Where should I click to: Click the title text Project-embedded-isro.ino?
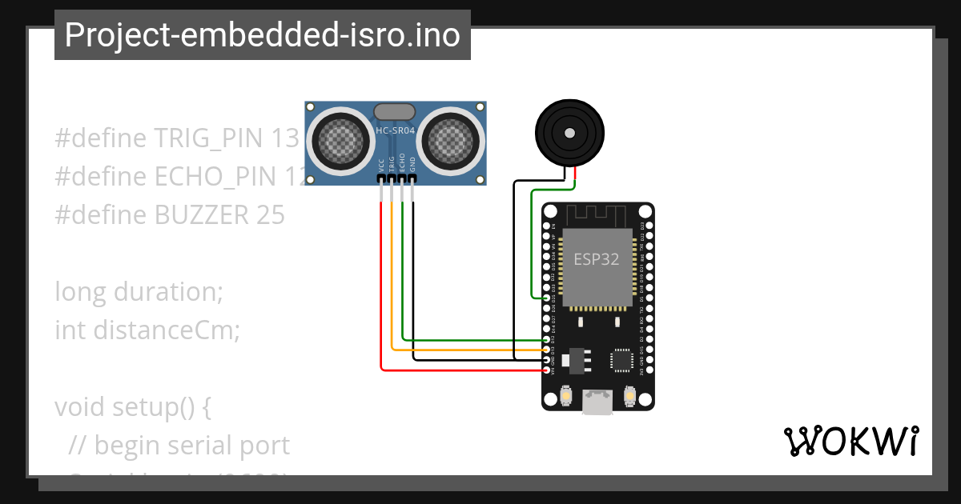coord(262,35)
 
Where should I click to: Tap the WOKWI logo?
coord(850,442)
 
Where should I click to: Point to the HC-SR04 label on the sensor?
coord(396,130)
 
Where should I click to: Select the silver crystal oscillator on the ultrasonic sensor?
coord(395,110)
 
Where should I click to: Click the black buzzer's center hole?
coord(570,133)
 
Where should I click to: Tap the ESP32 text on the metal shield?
coord(597,259)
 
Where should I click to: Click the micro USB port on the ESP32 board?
coord(597,402)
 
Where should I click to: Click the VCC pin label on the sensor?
coord(381,166)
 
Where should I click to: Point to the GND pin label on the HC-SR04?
coord(413,166)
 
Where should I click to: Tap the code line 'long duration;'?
coord(139,291)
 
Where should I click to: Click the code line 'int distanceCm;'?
coord(147,330)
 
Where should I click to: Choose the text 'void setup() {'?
coord(132,406)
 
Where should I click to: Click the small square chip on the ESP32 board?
coord(622,360)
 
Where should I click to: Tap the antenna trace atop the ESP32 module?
coord(597,215)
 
